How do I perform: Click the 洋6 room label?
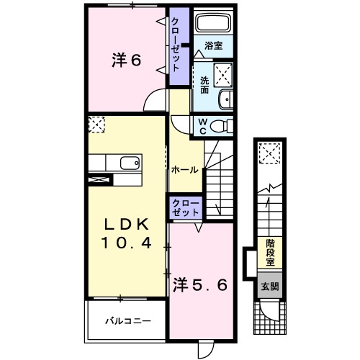(125, 60)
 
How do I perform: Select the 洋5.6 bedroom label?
(201, 285)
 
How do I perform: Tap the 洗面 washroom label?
(204, 85)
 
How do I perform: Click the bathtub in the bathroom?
(213, 23)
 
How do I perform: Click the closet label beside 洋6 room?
(176, 43)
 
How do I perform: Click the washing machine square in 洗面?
(225, 73)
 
